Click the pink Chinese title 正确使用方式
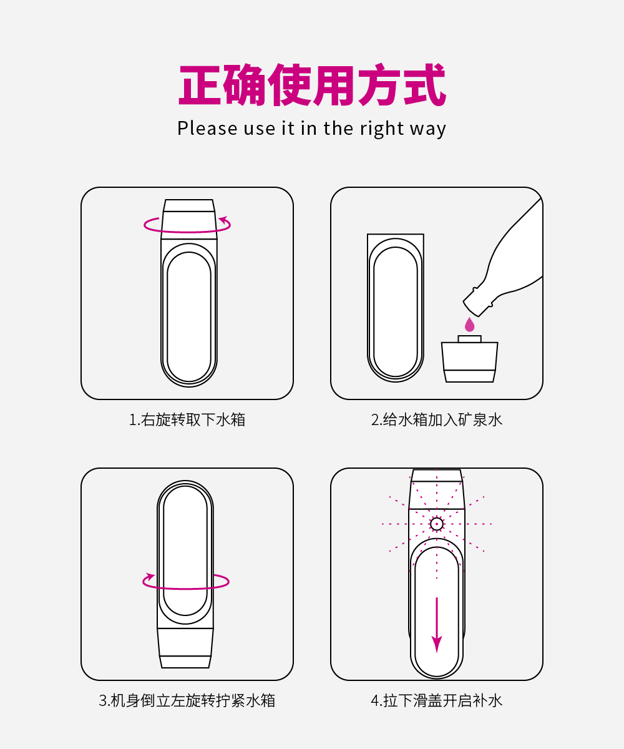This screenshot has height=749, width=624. click(x=312, y=85)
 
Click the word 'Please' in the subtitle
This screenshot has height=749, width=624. click(x=207, y=128)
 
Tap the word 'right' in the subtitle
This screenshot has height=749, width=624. click(x=382, y=129)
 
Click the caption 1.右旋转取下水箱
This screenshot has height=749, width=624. click(x=187, y=419)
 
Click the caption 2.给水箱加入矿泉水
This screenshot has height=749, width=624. click(x=436, y=419)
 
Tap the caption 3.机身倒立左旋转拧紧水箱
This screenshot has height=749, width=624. click(x=187, y=700)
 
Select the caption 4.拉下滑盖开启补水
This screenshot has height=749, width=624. click(x=436, y=700)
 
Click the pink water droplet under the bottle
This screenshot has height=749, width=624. click(x=469, y=325)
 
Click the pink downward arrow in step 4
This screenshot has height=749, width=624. click(x=436, y=625)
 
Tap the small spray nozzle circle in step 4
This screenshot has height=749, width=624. click(x=436, y=524)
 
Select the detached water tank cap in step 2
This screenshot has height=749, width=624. click(x=469, y=359)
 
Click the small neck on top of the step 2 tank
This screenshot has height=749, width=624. click(x=469, y=339)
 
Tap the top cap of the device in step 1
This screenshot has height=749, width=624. click(x=188, y=219)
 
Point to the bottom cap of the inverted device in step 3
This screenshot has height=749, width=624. click(x=185, y=648)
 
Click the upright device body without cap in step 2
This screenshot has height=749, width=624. click(x=395, y=308)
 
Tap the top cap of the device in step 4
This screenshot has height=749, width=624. click(x=436, y=489)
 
